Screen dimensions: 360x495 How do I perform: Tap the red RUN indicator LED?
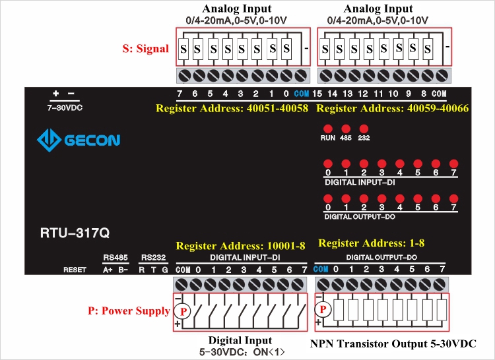327,128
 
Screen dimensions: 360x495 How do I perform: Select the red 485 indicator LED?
345,128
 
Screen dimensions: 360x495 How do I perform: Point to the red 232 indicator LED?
363,128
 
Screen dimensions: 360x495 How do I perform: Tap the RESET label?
75,270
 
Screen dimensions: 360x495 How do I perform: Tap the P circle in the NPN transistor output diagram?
323,309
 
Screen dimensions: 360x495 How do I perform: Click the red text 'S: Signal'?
146,48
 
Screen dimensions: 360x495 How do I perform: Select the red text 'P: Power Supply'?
129,311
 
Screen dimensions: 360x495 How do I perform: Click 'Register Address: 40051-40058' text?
232,107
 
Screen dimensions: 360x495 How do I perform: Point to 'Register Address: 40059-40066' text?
393,107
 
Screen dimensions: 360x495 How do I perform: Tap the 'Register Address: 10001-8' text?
240,246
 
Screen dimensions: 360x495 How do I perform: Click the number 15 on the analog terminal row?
317,94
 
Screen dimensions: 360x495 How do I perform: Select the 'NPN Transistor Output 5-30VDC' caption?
393,344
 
